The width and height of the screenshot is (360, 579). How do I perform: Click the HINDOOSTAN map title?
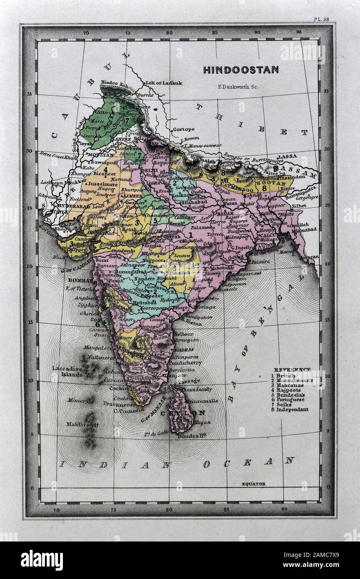pos(241,70)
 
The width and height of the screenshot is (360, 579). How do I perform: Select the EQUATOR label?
pos(253,484)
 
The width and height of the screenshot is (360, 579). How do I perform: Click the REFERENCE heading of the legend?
pos(292,369)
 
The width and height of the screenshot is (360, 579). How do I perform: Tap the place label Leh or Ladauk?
pos(163,83)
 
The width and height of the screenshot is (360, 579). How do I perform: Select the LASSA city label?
pos(287,156)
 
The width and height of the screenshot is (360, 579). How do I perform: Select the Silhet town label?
pos(299,206)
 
